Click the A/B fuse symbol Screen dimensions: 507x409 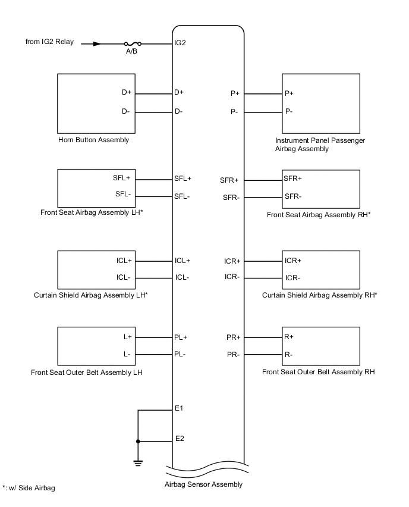pyautogui.click(x=133, y=43)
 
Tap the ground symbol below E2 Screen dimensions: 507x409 pyautogui.click(x=138, y=462)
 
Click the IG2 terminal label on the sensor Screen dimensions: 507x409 pyautogui.click(x=181, y=43)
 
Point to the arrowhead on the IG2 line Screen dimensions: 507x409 pyautogui.click(x=97, y=43)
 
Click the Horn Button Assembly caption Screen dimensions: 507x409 pyautogui.click(x=93, y=140)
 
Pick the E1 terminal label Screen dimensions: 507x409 pyautogui.click(x=179, y=409)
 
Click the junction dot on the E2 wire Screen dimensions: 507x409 pyautogui.click(x=138, y=441)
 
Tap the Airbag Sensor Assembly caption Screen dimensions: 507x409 pyautogui.click(x=203, y=484)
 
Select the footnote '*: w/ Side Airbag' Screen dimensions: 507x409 pyautogui.click(x=29, y=489)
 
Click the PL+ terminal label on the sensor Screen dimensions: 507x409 pyautogui.click(x=181, y=337)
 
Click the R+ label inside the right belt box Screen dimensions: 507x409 pyautogui.click(x=290, y=337)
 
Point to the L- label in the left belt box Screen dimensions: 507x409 pyautogui.click(x=127, y=355)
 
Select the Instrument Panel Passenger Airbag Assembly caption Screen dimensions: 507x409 pyautogui.click(x=320, y=145)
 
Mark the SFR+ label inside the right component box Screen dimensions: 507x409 pyautogui.click(x=293, y=179)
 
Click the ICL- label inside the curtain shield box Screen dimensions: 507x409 pyautogui.click(x=124, y=277)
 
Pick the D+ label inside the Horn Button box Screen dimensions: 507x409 pyautogui.click(x=126, y=93)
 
